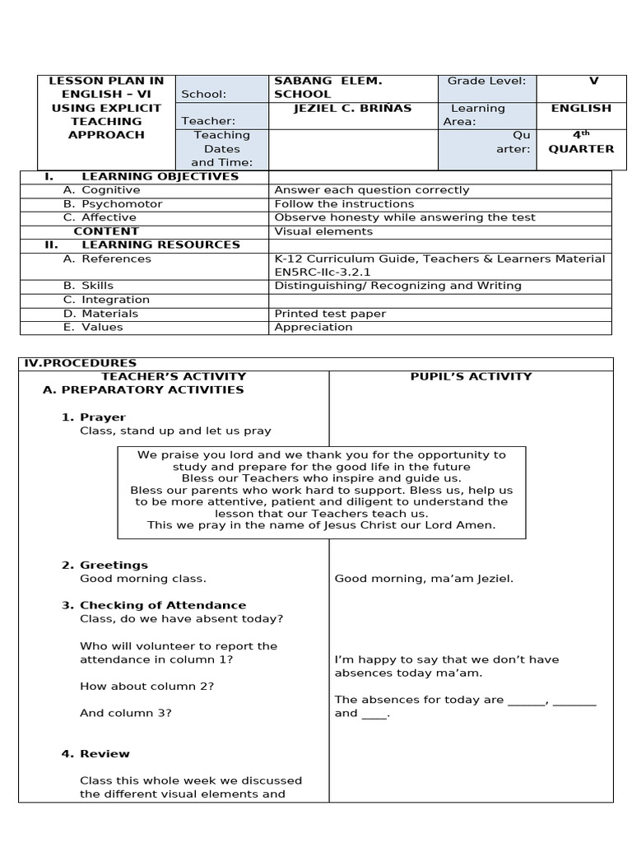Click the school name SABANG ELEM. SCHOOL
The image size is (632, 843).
(x=328, y=87)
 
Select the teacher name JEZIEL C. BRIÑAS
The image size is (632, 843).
(x=342, y=108)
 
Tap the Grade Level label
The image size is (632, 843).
(x=486, y=81)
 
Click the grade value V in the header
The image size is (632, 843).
(x=593, y=81)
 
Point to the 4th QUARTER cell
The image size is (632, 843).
(x=581, y=142)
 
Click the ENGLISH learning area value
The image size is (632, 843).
(x=581, y=108)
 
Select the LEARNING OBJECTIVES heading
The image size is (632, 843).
(x=160, y=176)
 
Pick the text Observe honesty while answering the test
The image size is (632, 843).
(x=404, y=217)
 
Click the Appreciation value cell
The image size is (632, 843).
(x=313, y=327)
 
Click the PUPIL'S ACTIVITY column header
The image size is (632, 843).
(x=471, y=376)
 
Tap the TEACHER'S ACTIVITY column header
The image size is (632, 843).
(x=174, y=376)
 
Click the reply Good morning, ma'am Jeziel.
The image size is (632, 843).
(x=424, y=579)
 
